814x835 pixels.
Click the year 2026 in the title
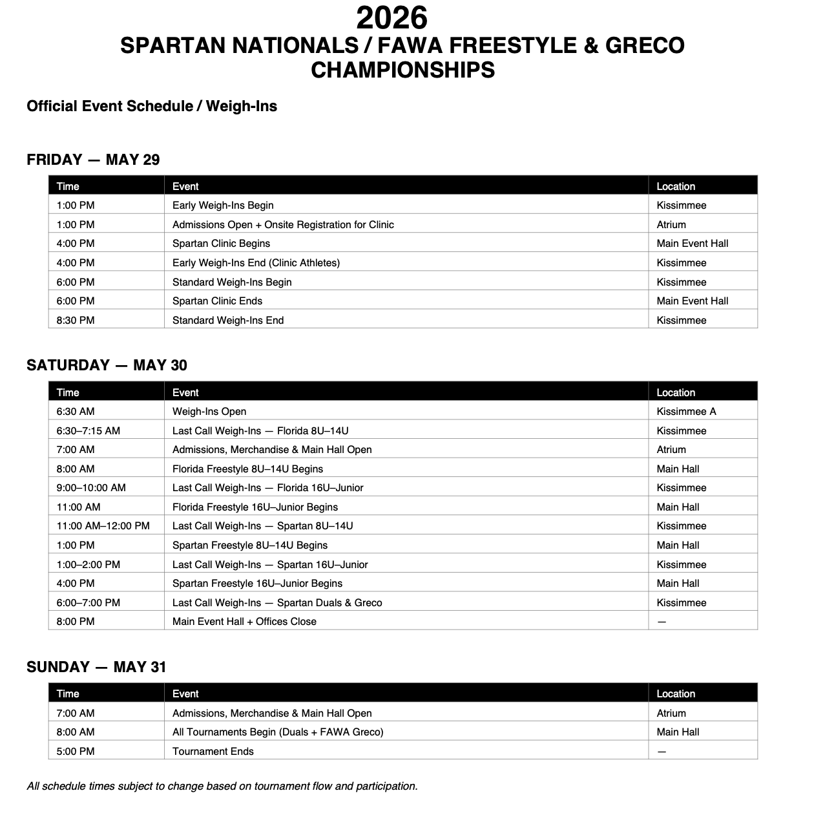pyautogui.click(x=391, y=18)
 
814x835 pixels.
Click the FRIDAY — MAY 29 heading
pyautogui.click(x=93, y=160)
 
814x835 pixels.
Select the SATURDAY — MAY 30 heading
pyautogui.click(x=107, y=365)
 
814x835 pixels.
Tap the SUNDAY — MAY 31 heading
pyautogui.click(x=96, y=667)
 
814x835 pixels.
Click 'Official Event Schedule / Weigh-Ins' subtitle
pyautogui.click(x=152, y=106)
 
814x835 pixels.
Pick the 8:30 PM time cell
pyautogui.click(x=76, y=320)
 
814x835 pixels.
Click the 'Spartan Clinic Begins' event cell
pyautogui.click(x=221, y=243)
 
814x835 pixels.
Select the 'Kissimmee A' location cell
pyautogui.click(x=686, y=411)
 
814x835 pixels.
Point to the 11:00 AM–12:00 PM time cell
pyautogui.click(x=103, y=525)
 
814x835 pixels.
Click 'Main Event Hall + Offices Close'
pyautogui.click(x=244, y=621)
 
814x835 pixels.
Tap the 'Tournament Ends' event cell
pyautogui.click(x=213, y=751)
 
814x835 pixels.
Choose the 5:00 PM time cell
pyautogui.click(x=76, y=751)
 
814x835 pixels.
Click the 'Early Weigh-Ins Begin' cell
pyautogui.click(x=223, y=205)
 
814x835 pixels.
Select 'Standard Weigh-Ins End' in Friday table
pyautogui.click(x=228, y=320)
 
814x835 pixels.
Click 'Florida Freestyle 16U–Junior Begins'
pyautogui.click(x=255, y=507)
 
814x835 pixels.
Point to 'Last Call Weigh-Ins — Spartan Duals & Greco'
pyautogui.click(x=277, y=602)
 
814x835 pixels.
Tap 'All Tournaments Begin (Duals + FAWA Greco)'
pyautogui.click(x=278, y=732)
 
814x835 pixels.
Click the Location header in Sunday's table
pyautogui.click(x=676, y=693)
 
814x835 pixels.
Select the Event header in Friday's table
pyautogui.click(x=185, y=186)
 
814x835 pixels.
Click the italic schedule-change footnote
pyautogui.click(x=222, y=786)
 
